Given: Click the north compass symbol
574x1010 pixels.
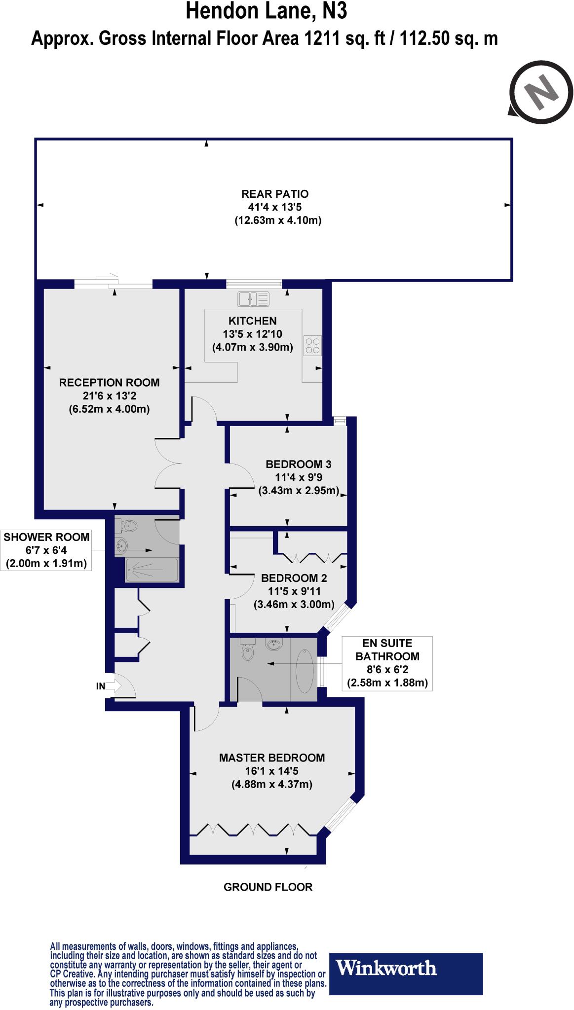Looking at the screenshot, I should [541, 92].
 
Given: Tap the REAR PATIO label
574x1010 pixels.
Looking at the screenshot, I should [275, 194].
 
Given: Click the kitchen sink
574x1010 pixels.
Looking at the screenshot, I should [253, 299].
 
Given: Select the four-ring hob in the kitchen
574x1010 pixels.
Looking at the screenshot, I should [312, 345].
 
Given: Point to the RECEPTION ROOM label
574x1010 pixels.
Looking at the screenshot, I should [109, 382].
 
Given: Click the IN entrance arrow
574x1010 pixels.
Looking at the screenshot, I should [113, 685].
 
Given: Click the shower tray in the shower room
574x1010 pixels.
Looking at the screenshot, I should [151, 570].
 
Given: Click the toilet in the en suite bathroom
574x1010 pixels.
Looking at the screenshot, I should [248, 652].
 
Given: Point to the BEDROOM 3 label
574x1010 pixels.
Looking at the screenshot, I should [298, 464].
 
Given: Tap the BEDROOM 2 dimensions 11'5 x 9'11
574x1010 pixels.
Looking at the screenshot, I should [294, 591].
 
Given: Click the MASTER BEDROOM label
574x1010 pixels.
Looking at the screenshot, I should [272, 757].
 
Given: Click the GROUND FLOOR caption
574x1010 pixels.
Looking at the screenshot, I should [268, 887].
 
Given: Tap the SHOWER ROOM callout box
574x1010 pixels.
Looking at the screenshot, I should [46, 550].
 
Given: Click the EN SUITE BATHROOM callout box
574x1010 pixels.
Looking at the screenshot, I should [387, 663].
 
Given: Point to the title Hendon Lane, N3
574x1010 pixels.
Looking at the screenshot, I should [267, 11].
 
